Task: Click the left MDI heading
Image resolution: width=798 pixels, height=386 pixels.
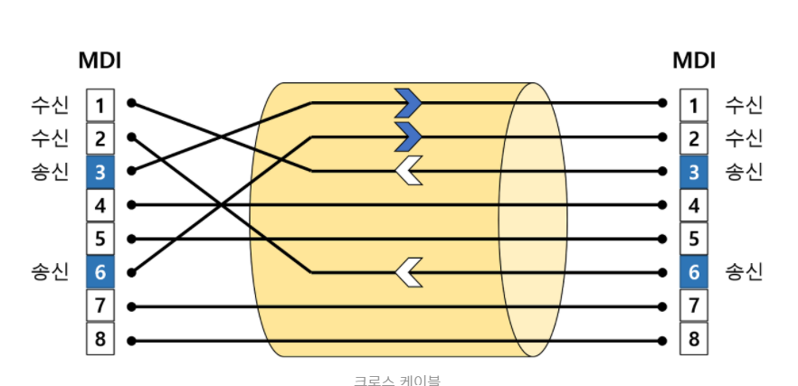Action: [100, 61]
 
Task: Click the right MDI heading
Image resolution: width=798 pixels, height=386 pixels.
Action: [694, 61]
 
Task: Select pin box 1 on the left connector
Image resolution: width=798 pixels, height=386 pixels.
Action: [100, 105]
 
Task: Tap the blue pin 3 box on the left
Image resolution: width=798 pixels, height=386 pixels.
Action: [100, 172]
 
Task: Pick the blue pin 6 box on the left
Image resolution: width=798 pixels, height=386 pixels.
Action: [100, 272]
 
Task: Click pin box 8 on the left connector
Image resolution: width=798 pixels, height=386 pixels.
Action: [100, 340]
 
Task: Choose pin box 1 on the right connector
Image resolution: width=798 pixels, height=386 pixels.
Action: [694, 105]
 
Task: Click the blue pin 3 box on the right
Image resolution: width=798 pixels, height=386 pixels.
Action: [694, 172]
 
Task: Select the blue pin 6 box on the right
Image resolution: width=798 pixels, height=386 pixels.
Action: [694, 272]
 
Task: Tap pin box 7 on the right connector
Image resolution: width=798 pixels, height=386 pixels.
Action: [694, 306]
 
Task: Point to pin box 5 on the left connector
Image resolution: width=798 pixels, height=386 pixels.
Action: [100, 239]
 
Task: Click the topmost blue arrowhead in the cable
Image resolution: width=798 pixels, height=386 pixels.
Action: [409, 104]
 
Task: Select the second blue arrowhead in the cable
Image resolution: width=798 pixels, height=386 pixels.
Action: [409, 137]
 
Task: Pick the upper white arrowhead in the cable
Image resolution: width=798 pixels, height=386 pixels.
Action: [409, 171]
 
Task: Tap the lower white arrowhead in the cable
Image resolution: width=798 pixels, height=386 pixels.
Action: [409, 272]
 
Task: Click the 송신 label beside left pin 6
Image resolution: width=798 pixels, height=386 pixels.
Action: [49, 272]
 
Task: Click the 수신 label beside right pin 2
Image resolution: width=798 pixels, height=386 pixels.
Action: [744, 138]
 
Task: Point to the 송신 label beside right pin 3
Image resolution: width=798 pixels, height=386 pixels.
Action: [744, 172]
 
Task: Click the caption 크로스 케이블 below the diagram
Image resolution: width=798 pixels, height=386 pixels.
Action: [396, 380]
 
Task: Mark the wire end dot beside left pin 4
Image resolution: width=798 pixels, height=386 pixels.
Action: [131, 205]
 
